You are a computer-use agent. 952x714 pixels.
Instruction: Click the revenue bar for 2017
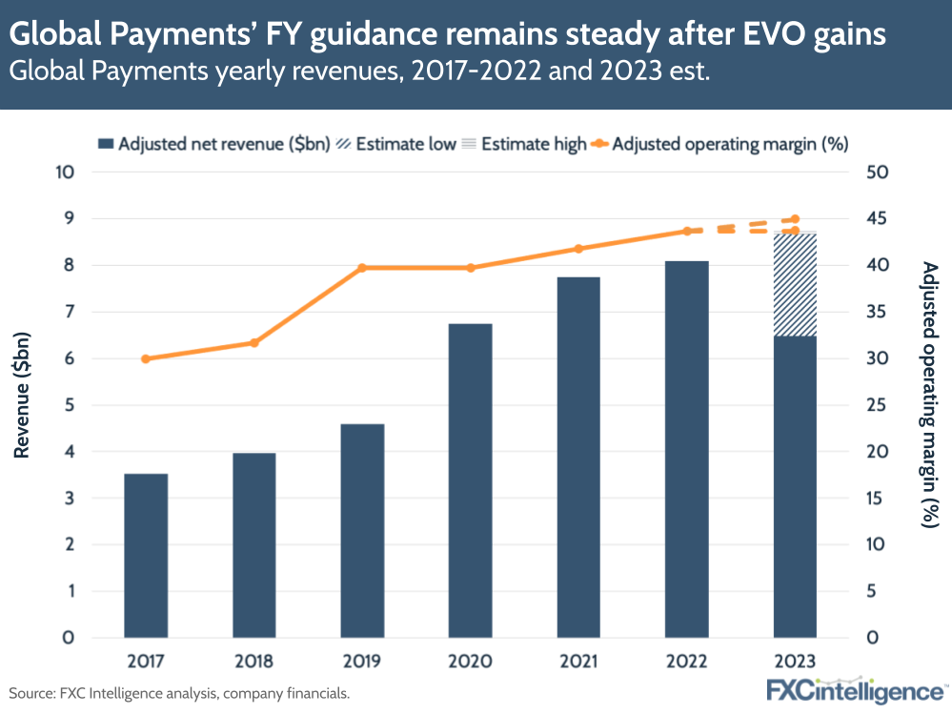(x=146, y=555)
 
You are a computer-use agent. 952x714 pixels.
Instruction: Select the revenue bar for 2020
(x=470, y=480)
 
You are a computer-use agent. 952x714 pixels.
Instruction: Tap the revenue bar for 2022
(x=686, y=449)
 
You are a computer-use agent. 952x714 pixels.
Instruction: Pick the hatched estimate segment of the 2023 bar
(x=795, y=284)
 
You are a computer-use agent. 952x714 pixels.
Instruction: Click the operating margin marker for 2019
(x=362, y=268)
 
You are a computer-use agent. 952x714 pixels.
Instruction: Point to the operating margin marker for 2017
(x=146, y=358)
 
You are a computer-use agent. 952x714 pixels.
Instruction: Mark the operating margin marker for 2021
(x=578, y=249)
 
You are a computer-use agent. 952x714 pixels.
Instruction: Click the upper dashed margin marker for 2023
(x=795, y=219)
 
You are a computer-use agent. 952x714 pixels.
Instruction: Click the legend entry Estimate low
(x=395, y=144)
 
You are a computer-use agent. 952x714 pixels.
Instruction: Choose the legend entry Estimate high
(x=523, y=144)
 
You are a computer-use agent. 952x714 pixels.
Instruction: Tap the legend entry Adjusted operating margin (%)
(x=719, y=144)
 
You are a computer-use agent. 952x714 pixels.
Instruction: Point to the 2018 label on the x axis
(x=253, y=661)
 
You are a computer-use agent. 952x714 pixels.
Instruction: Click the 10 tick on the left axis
(x=64, y=173)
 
